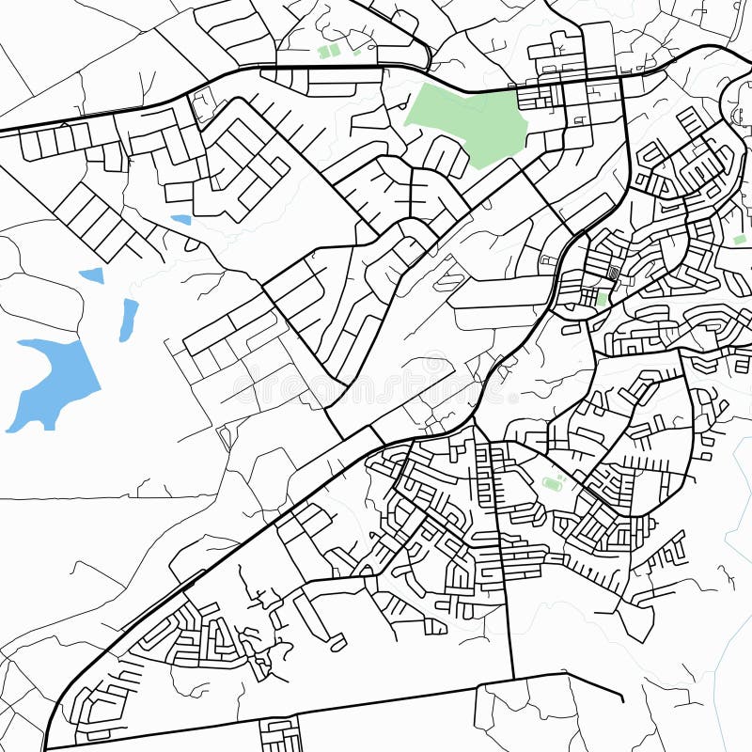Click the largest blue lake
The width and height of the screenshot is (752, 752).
tap(61, 376)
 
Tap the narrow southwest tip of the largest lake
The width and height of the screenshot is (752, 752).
tap(11, 428)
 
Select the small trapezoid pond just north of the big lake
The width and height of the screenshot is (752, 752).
tap(92, 275)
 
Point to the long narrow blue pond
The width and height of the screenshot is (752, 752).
tap(128, 320)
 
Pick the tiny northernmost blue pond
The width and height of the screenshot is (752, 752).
tap(180, 220)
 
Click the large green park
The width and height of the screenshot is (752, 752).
tap(470, 120)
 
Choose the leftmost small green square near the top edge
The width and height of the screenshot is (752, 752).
tap(325, 52)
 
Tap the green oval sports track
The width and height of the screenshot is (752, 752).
tap(552, 484)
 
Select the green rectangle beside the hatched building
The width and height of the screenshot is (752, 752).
tap(602, 298)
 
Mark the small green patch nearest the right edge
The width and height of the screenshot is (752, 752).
tap(739, 240)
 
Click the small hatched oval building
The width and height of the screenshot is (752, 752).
tap(613, 273)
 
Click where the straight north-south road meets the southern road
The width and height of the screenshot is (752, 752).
tap(513, 677)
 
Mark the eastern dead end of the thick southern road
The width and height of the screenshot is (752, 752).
tap(622, 699)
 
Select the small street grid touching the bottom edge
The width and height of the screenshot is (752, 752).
tap(280, 734)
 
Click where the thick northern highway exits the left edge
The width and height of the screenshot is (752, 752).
tap(3, 130)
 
